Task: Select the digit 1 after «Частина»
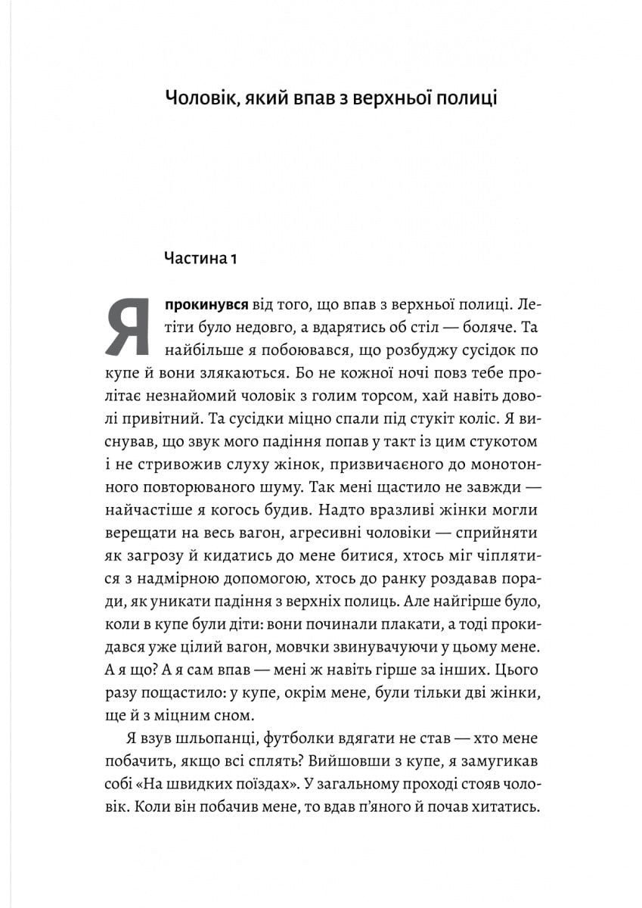click(x=234, y=259)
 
